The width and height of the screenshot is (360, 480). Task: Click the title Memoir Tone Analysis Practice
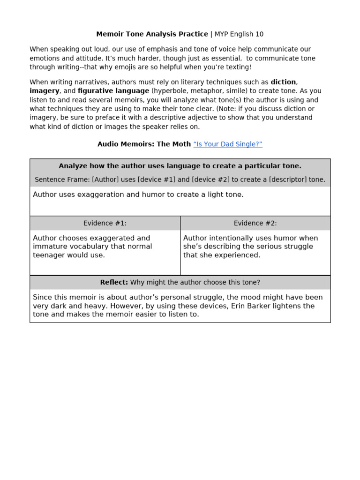tap(152, 34)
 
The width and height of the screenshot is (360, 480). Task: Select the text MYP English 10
tap(239, 34)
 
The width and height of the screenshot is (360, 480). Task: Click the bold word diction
tap(284, 82)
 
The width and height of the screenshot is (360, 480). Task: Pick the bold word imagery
tap(45, 91)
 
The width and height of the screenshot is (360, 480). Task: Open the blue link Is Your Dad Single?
tap(228, 144)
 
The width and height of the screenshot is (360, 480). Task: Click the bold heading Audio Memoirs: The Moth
tap(144, 144)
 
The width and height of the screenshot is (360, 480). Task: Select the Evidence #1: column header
tap(105, 223)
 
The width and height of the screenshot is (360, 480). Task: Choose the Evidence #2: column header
tap(255, 223)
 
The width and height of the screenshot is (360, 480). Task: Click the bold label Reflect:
tap(114, 282)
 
